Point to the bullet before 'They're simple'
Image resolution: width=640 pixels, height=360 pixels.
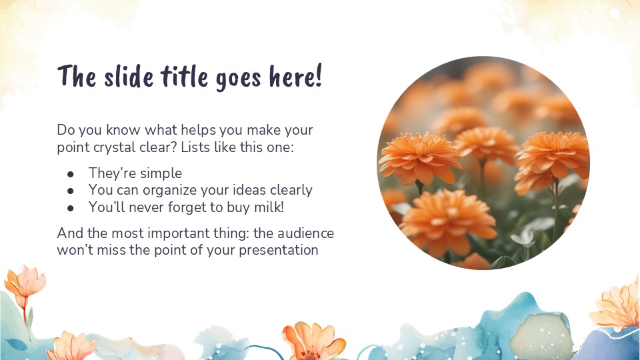[x=70, y=173]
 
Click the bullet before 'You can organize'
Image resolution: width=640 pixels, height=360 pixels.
[x=70, y=190]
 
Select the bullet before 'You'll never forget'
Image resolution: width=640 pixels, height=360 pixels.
[x=70, y=207]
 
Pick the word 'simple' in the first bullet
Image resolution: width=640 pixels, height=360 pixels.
[x=160, y=173]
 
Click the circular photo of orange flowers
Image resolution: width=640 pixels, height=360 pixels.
[x=483, y=163]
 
